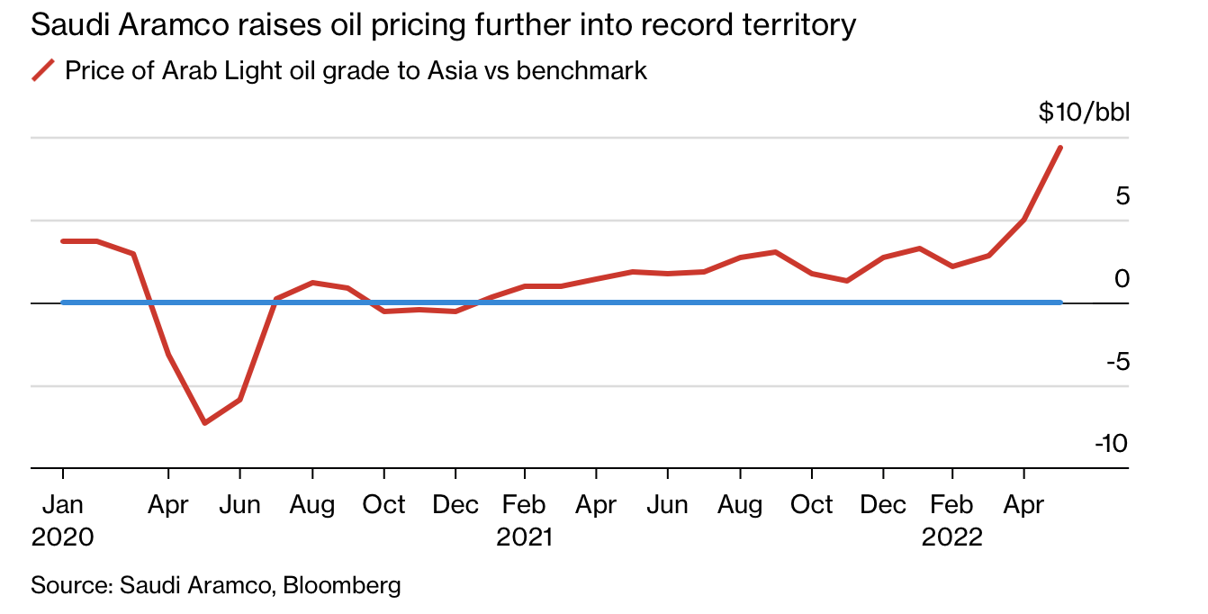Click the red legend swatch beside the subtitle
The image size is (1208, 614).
43,70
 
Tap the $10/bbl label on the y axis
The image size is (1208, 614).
1083,113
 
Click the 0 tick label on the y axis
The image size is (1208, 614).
1122,278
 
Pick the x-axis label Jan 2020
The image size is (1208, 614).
62,520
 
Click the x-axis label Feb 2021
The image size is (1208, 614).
524,520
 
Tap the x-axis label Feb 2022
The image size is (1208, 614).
952,520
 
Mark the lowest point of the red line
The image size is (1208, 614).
205,422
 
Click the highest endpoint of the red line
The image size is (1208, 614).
1060,148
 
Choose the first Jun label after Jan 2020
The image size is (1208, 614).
239,505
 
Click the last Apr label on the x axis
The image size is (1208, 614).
1023,505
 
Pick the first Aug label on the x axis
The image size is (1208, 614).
311,505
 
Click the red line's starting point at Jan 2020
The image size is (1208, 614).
63,241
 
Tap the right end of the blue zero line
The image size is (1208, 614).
1059,302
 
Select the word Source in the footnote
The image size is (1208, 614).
68,585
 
